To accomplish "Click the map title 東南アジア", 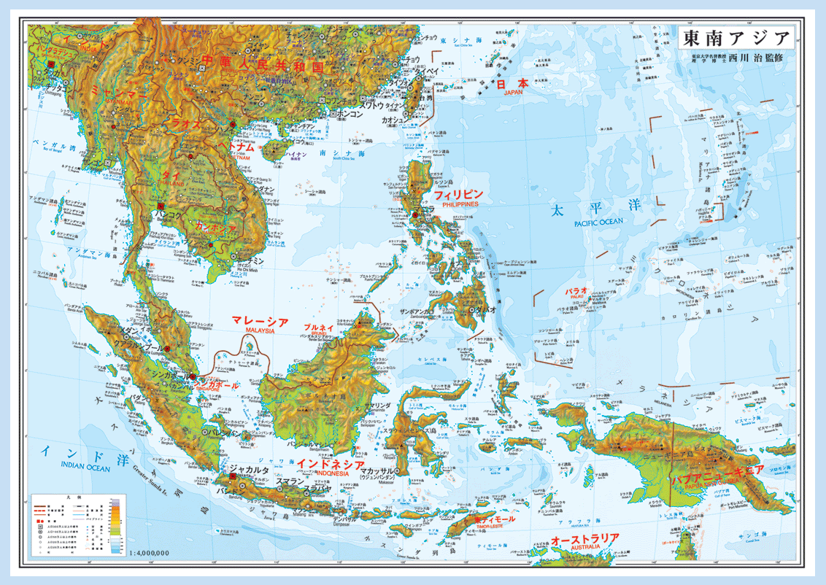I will (x=738, y=38).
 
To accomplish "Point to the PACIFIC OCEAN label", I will (x=598, y=222).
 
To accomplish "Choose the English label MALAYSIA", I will (x=259, y=330).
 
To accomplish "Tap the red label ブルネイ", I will (x=319, y=328).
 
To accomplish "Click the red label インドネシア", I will (x=331, y=464).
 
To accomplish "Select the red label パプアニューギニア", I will (x=717, y=471).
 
